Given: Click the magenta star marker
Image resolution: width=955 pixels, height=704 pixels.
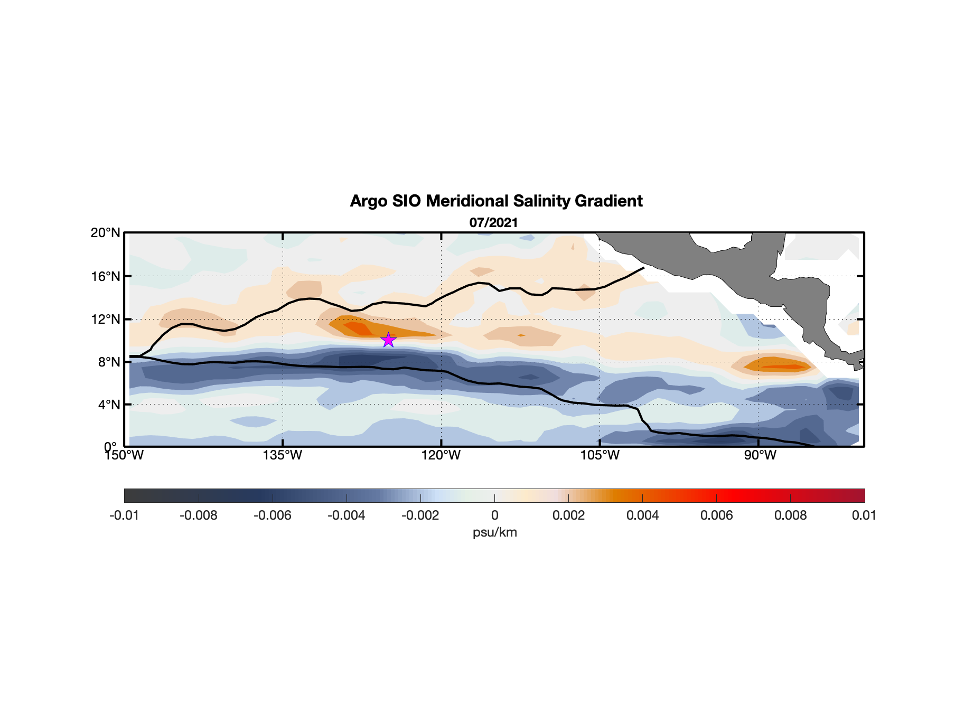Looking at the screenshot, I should (x=388, y=340).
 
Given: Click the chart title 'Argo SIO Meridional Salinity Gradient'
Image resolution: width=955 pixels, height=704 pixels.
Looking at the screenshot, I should (x=496, y=201).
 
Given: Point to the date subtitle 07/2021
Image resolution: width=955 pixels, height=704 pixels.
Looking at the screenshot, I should (x=493, y=223).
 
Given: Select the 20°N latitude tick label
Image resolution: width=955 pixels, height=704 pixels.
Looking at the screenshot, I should (x=106, y=233).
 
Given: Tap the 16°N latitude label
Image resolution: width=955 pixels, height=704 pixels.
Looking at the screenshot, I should (x=106, y=276).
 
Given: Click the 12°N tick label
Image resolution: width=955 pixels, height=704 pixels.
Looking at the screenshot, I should (x=106, y=319).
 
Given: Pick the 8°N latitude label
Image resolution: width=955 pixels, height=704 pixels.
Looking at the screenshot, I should (x=109, y=362).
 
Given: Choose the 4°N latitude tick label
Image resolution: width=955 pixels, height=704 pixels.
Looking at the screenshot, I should (x=109, y=405).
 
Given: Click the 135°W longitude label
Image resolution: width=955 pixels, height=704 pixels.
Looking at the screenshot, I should (x=283, y=455).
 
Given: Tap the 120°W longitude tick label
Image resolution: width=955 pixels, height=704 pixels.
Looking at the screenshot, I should (x=441, y=455).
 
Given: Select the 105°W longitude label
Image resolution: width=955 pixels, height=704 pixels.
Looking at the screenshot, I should (x=600, y=455).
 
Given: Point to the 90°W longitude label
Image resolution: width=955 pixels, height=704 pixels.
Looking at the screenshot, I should (x=760, y=455).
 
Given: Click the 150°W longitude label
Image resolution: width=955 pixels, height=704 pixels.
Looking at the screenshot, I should (x=124, y=455).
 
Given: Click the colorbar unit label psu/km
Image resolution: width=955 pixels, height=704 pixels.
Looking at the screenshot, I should (x=494, y=532).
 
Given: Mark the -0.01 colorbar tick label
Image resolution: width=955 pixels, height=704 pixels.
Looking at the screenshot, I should (x=124, y=515).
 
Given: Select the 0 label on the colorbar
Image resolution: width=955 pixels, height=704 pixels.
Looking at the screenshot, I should (x=494, y=515).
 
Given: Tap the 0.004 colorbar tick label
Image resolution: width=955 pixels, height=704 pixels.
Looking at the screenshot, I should (x=642, y=515).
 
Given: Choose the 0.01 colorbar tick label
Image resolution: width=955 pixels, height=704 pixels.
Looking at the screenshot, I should (x=864, y=515).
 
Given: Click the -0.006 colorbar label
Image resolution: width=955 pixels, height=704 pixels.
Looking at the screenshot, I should (x=273, y=515).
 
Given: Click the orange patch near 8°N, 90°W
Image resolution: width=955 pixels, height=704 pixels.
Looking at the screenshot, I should (x=776, y=365).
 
